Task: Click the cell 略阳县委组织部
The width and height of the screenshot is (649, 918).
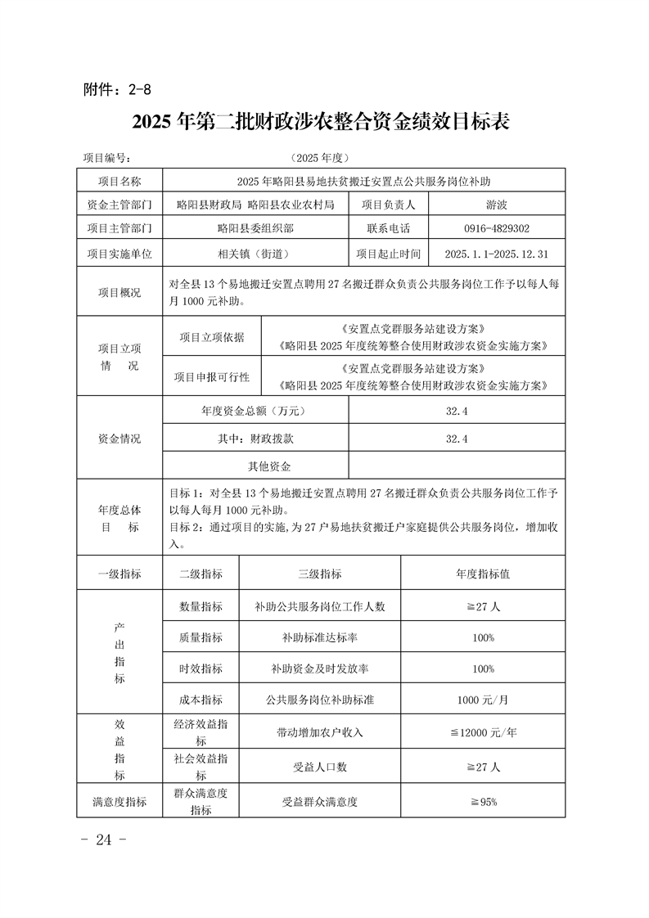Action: tap(255, 229)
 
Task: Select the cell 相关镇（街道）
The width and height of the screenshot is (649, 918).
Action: tap(255, 254)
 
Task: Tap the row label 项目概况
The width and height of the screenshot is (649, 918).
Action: tap(119, 293)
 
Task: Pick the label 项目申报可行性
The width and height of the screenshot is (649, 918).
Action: tap(211, 377)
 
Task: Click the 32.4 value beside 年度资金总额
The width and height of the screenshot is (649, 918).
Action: tap(457, 412)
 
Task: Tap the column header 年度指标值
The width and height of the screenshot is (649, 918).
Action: tap(483, 574)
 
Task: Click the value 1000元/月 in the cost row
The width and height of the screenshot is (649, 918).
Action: tap(483, 700)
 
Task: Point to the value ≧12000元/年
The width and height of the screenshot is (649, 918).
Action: tap(483, 732)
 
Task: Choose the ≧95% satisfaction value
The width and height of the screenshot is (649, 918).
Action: tap(483, 802)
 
